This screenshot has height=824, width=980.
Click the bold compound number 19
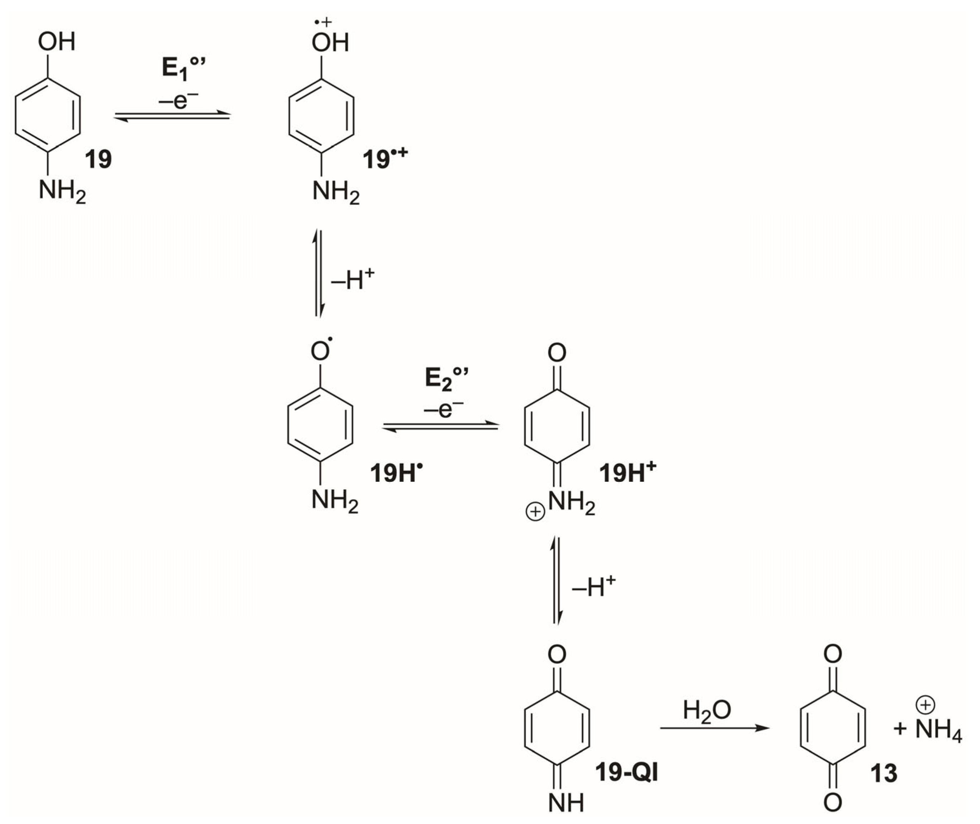[98, 160]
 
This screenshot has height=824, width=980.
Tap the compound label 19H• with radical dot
[396, 473]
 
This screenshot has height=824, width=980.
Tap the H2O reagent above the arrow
[707, 710]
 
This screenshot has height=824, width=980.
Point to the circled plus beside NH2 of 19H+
[535, 512]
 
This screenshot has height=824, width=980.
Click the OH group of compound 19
[57, 42]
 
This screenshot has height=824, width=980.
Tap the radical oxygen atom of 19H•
[321, 351]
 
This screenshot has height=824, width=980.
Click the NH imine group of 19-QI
[566, 803]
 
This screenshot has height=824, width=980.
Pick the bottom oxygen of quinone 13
[833, 803]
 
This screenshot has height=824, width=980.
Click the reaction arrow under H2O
[714, 728]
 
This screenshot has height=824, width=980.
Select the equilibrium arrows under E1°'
[172, 116]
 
